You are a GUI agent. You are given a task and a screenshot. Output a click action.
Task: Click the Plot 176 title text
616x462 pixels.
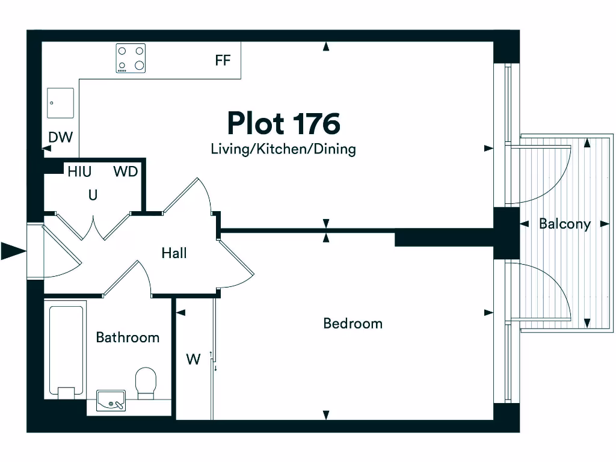pos(283,123)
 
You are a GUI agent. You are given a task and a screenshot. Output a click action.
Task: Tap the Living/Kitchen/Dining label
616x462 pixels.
pos(283,149)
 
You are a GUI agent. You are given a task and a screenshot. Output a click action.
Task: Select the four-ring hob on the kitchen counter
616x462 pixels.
pos(131,59)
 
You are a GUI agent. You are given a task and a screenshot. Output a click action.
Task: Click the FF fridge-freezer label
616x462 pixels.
pos(223,61)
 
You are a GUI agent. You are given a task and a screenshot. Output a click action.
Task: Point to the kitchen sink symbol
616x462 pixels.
pos(61,103)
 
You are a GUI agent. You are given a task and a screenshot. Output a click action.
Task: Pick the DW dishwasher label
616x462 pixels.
pos(60,138)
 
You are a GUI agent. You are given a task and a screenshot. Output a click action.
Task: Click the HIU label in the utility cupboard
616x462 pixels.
pos(79,172)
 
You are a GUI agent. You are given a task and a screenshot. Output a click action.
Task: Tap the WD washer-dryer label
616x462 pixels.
pos(126,172)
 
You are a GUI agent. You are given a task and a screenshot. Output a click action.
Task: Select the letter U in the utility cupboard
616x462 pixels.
pos(93,196)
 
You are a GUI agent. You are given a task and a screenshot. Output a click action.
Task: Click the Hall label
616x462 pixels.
pos(174,253)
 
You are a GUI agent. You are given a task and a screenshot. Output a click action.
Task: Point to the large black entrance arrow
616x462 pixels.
pos(12,251)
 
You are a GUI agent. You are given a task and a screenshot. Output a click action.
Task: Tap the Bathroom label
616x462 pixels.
pos(128,337)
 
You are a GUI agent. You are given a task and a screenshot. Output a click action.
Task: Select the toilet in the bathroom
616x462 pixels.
pos(146,383)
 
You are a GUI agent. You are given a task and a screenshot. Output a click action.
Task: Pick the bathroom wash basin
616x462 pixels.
pos(111,400)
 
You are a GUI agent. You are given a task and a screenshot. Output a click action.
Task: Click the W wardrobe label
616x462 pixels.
pos(193,360)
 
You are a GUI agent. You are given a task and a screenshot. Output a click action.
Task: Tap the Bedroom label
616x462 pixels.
pos(353,324)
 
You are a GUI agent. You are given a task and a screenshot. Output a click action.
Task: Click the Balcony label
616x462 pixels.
pos(564,224)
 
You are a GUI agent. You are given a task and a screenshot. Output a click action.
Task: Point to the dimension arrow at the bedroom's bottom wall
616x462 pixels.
pos(326,414)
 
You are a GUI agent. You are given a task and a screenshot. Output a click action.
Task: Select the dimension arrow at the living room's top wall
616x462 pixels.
pos(326,46)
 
